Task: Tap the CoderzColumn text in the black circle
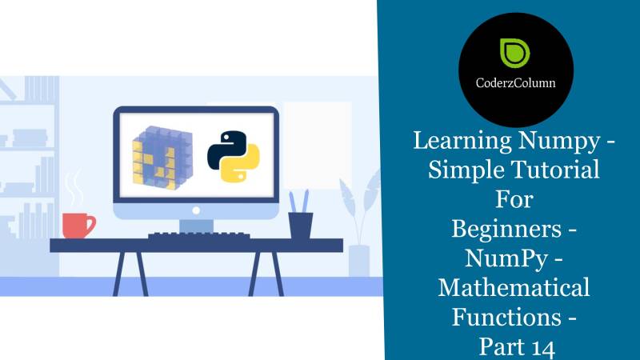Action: (515, 82)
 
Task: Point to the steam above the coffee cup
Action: (75, 187)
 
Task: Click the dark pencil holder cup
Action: (300, 224)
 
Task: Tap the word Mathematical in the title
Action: (514, 286)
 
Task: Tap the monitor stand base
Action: (195, 226)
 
